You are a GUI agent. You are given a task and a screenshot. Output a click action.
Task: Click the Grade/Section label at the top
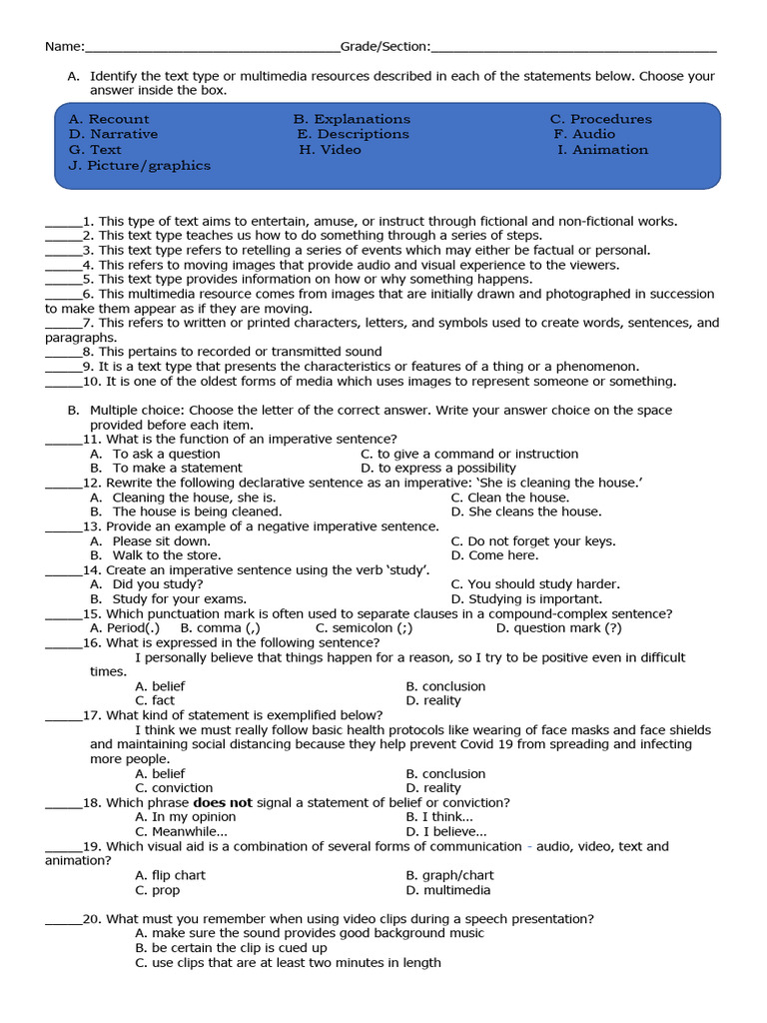pos(385,46)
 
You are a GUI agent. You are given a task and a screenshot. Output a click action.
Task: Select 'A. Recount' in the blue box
pos(109,119)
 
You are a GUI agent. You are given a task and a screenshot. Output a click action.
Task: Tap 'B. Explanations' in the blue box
pos(352,119)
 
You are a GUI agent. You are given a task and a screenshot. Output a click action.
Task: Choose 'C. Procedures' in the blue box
pos(600,119)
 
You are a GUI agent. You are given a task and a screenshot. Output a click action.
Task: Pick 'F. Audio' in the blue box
pos(584,134)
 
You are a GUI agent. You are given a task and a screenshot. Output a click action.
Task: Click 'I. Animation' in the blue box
pos(602,150)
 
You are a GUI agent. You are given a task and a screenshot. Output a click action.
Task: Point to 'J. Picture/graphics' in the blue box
pos(140,166)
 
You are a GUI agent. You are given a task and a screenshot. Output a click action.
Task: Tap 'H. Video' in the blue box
pos(330,150)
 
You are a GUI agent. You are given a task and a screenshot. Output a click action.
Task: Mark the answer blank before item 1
pos(63,223)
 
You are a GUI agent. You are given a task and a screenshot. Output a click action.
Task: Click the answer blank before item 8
pos(63,353)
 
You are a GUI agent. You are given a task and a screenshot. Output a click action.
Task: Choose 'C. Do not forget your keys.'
pos(533,541)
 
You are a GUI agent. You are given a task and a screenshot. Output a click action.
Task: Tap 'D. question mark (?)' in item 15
pos(558,628)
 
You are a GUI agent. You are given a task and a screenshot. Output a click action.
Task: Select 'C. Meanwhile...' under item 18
pos(181,831)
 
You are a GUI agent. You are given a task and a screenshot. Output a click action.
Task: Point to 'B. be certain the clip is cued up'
pos(231,948)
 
